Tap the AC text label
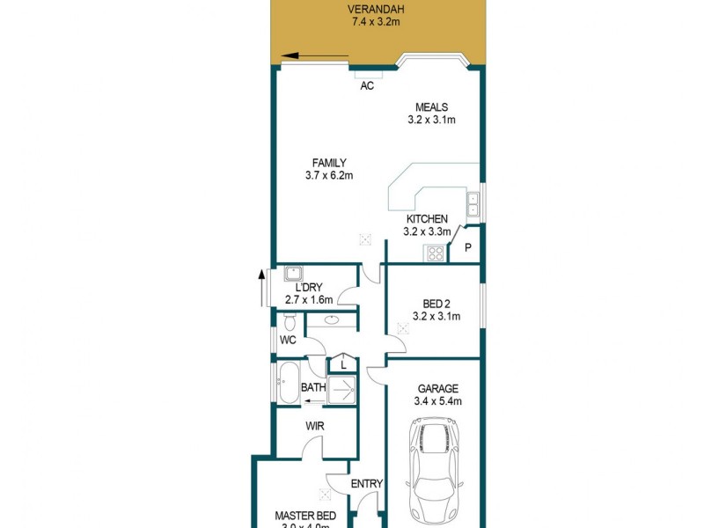click(x=368, y=86)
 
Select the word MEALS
click(x=431, y=107)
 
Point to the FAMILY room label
click(x=329, y=162)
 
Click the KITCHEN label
click(x=427, y=219)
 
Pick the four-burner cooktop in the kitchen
click(x=435, y=254)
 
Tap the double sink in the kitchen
click(x=473, y=204)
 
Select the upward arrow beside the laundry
click(x=261, y=288)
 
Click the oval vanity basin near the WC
click(x=334, y=320)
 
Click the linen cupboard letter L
click(x=342, y=363)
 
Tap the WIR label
click(x=316, y=426)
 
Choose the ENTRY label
click(x=366, y=483)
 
